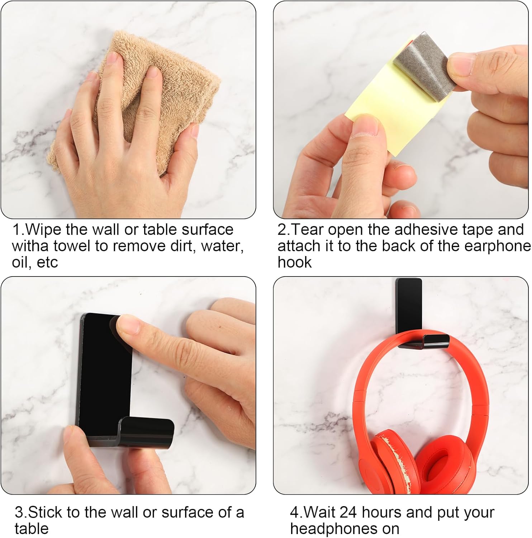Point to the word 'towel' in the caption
click(73, 246)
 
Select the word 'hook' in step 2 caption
click(295, 263)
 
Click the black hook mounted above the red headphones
click(416, 316)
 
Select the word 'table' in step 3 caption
click(32, 529)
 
